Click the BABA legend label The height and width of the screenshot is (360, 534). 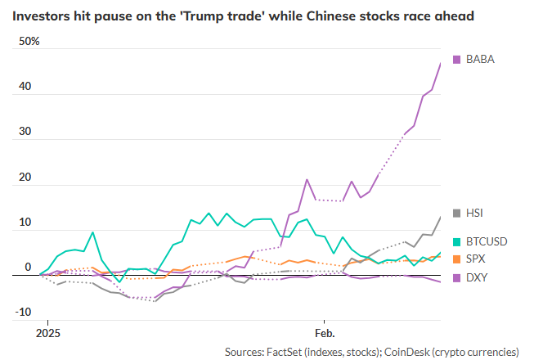[x=480, y=59]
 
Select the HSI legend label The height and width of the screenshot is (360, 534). [x=474, y=213]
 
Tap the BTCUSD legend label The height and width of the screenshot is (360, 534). [x=487, y=243]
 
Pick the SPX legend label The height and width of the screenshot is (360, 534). [x=475, y=260]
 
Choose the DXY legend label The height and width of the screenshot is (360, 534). [x=475, y=277]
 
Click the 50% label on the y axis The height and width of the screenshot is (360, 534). [x=28, y=41]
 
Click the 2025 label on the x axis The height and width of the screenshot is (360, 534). [x=48, y=334]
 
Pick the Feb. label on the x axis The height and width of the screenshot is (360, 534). [x=324, y=334]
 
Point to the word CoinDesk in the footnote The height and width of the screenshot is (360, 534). [x=430, y=351]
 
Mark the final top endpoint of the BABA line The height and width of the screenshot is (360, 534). [x=441, y=63]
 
